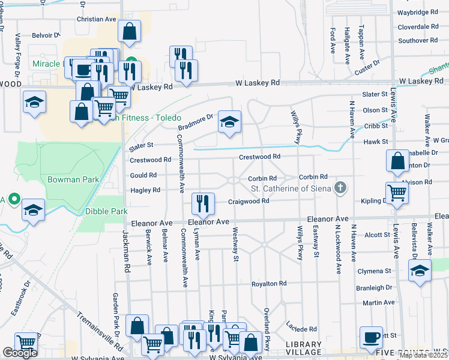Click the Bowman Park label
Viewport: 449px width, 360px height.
point(68,179)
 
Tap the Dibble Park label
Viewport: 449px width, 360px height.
point(107,211)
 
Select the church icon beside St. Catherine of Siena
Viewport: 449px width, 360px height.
point(340,188)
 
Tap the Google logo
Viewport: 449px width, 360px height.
point(20,353)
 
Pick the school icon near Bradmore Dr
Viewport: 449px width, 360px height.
point(229,122)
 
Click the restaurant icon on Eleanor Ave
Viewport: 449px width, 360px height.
point(203,204)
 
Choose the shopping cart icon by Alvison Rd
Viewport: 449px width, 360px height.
point(397,193)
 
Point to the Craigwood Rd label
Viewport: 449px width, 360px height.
point(248,201)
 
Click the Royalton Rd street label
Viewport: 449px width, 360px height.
point(273,283)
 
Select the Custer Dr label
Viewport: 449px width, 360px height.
point(367,67)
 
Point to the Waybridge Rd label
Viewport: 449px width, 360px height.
point(417,12)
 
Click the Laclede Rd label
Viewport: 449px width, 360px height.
point(302,329)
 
